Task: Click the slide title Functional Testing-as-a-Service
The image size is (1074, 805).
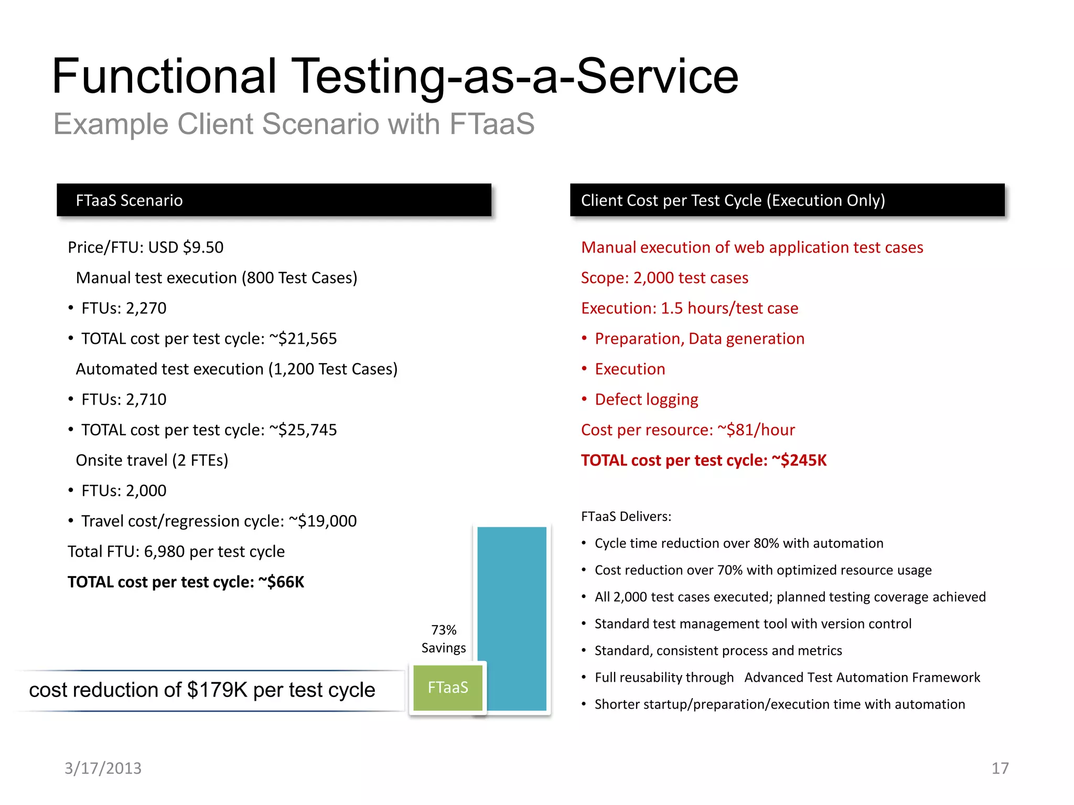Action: click(x=395, y=77)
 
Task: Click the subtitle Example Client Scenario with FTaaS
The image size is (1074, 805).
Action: click(x=294, y=124)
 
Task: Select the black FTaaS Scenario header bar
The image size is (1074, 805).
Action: click(x=274, y=200)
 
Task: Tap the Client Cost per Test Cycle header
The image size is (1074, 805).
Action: click(x=787, y=200)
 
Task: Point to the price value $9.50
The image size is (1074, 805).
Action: click(x=203, y=247)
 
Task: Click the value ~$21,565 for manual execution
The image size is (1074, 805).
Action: click(x=303, y=339)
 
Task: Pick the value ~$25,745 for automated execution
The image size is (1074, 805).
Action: click(x=303, y=430)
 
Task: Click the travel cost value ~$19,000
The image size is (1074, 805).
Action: click(x=323, y=521)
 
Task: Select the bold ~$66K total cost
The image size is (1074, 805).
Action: click(x=281, y=582)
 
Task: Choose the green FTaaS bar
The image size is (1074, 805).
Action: click(x=448, y=688)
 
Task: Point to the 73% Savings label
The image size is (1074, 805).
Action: click(x=444, y=639)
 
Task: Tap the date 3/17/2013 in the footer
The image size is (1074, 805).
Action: click(x=103, y=768)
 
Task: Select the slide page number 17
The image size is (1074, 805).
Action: click(x=1000, y=768)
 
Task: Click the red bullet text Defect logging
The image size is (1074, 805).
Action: click(x=646, y=399)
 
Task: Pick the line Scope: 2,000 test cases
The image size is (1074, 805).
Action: click(x=664, y=278)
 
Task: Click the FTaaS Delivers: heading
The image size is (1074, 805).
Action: click(x=626, y=517)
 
